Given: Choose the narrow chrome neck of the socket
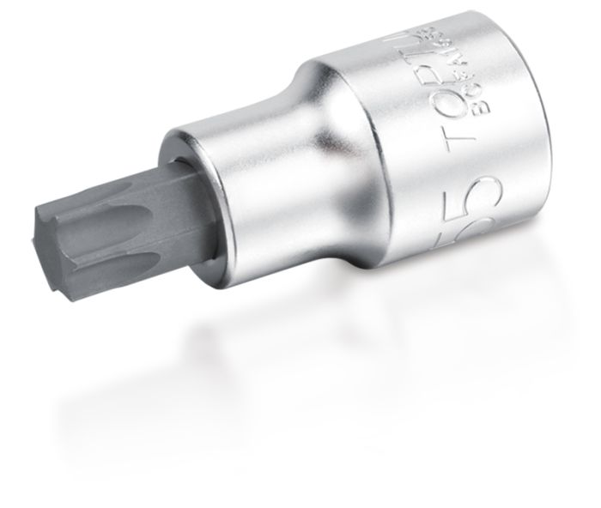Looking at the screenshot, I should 258,163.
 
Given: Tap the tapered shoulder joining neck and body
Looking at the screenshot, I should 343,146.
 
